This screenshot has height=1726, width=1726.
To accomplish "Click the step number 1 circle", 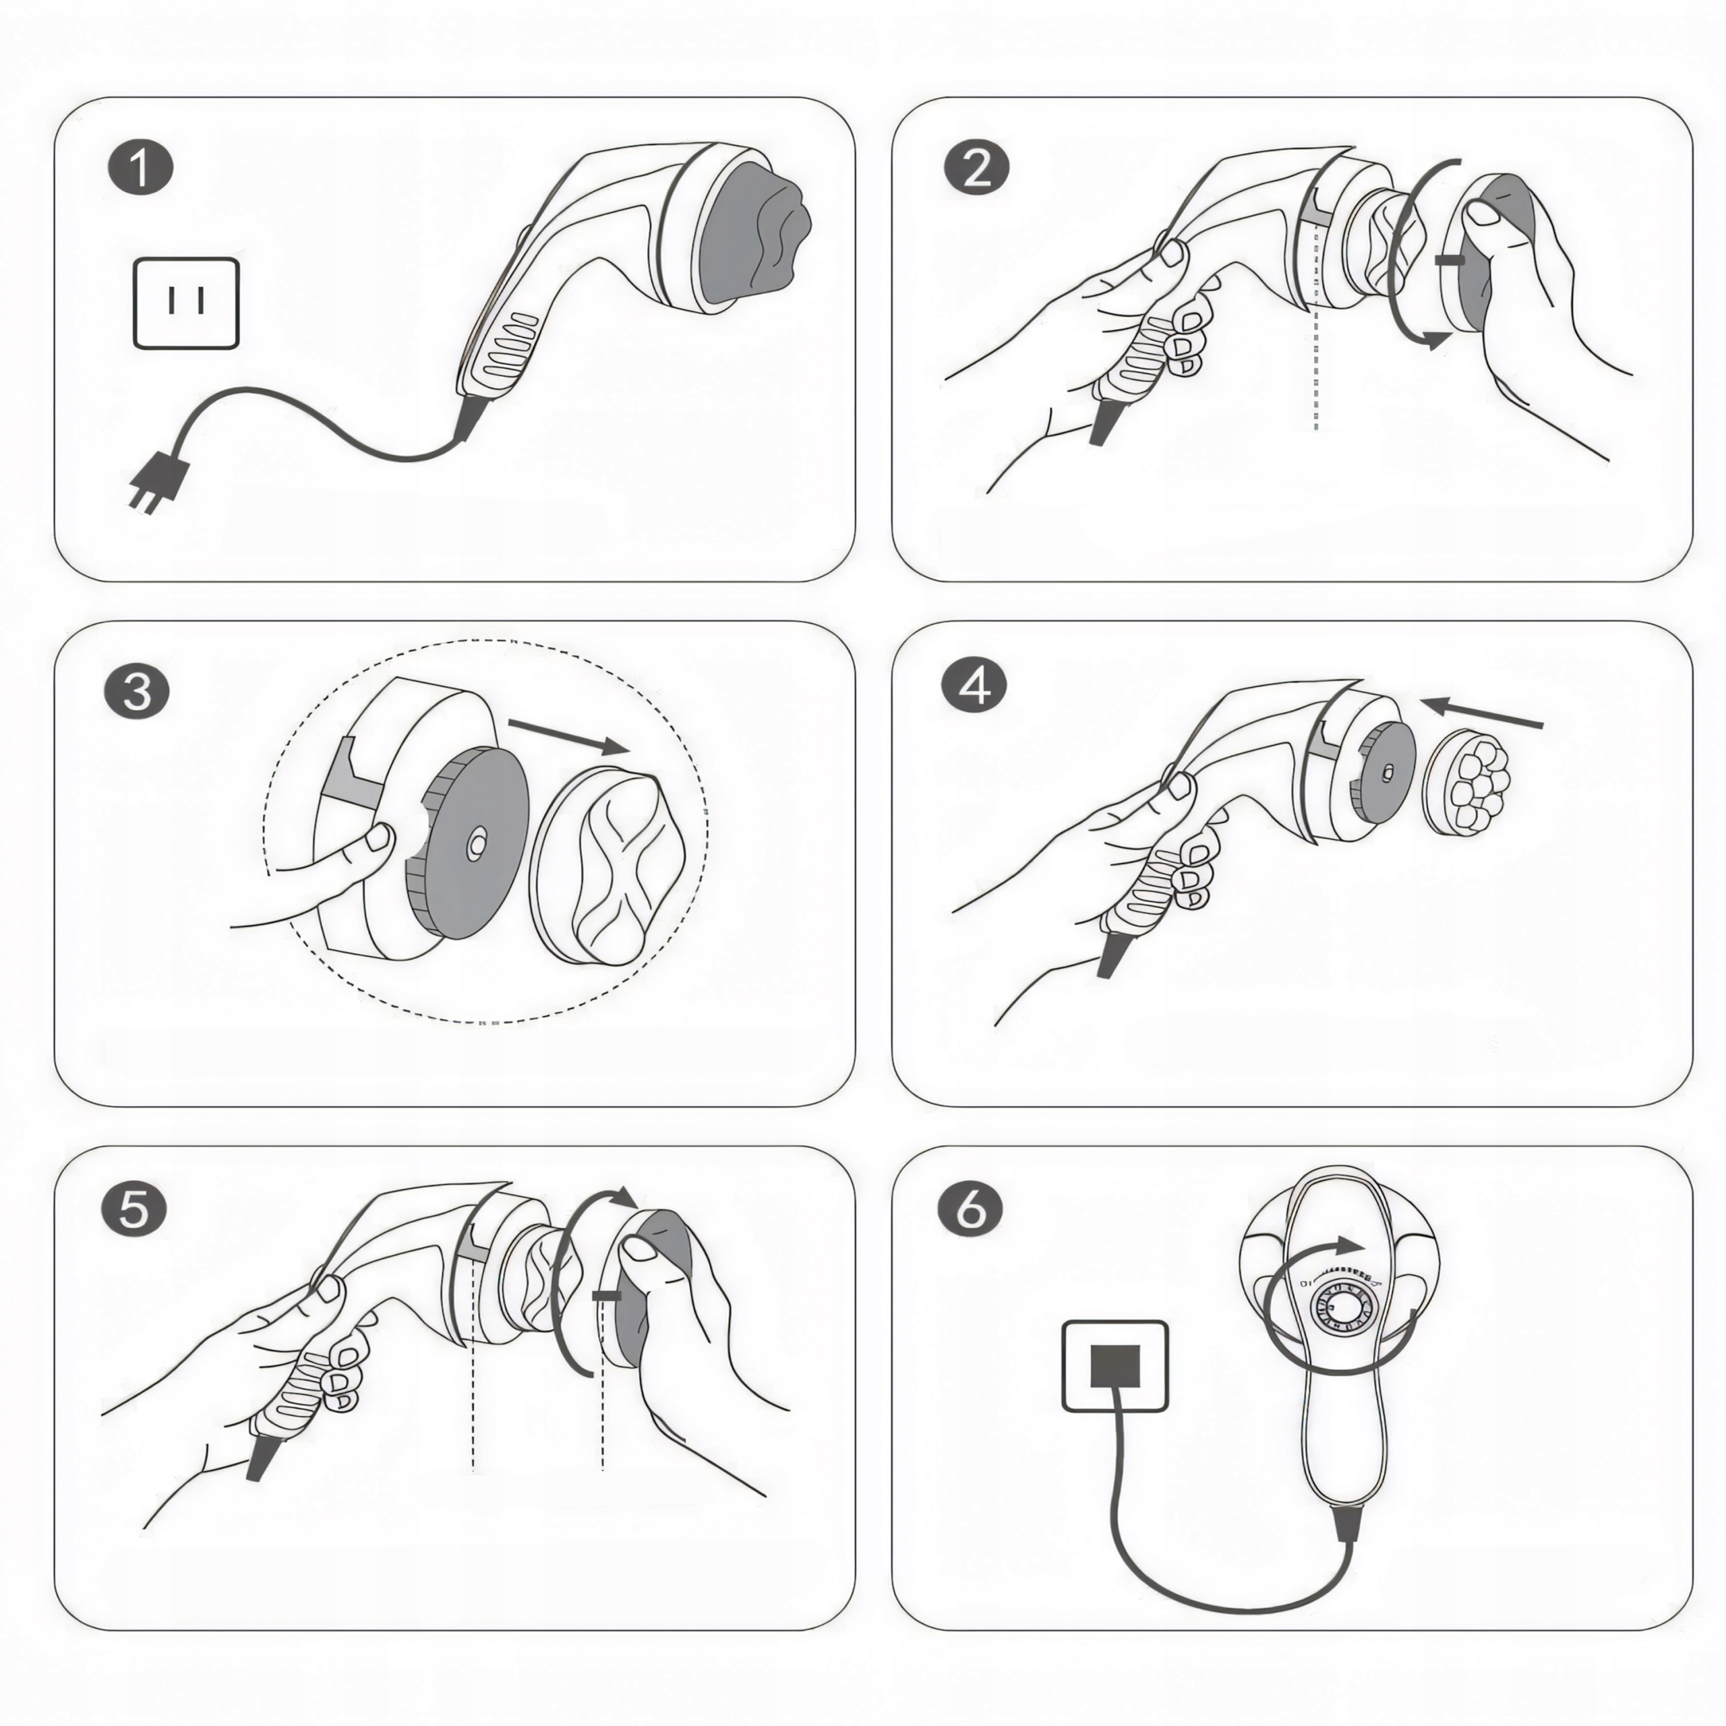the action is click(x=140, y=168).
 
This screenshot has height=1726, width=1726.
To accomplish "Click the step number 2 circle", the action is click(x=976, y=168).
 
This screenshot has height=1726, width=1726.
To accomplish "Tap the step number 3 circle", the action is click(x=137, y=692).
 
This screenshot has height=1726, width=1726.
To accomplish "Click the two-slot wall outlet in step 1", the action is click(x=186, y=303).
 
